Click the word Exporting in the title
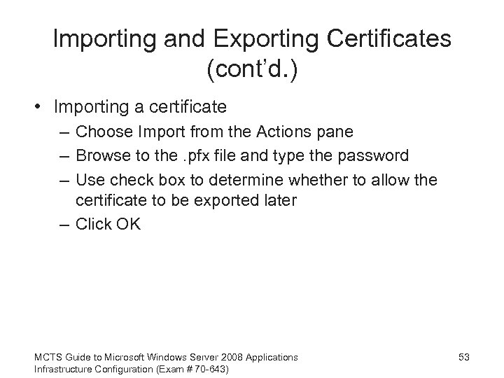[x=229, y=38]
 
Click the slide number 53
[x=464, y=358]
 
